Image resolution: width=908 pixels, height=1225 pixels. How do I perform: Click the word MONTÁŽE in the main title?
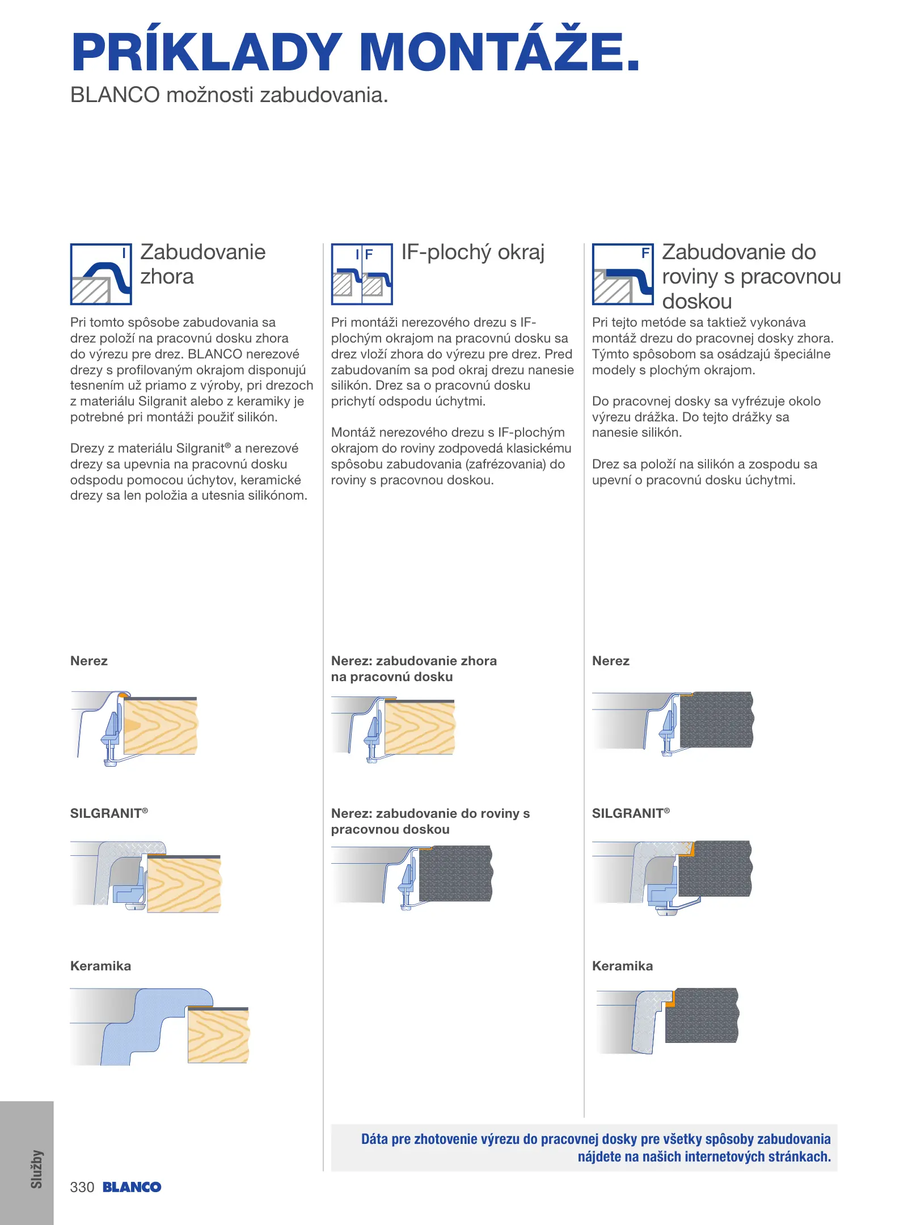tap(499, 52)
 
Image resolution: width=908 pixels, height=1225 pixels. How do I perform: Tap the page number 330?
tap(82, 1187)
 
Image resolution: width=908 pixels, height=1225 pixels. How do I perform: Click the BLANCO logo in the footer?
tap(132, 1187)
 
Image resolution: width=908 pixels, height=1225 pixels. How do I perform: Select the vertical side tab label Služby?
tap(37, 1169)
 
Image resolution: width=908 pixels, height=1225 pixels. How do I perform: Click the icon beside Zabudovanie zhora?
tap(101, 274)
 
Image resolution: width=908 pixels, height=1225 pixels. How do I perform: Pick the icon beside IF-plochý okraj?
tap(362, 274)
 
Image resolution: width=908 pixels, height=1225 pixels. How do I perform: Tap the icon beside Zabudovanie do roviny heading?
tap(623, 274)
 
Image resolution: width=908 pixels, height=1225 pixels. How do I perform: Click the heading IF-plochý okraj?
tap(472, 252)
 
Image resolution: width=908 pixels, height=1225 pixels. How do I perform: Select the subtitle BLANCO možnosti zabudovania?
tap(229, 95)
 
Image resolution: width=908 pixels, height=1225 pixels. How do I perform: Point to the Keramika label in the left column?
tap(100, 966)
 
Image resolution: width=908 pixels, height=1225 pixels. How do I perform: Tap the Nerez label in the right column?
tap(610, 661)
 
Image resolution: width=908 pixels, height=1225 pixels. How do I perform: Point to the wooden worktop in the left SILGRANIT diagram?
tap(184, 885)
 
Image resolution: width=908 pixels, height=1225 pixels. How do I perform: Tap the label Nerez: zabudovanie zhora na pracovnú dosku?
tap(413, 669)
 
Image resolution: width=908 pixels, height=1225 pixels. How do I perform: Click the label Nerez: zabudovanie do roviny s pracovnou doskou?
tap(430, 821)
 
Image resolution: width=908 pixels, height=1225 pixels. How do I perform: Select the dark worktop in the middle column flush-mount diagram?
tap(455, 873)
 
